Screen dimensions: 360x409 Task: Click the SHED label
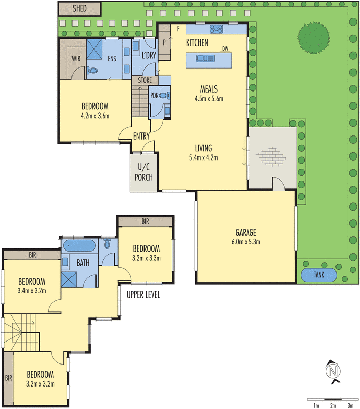(80, 8)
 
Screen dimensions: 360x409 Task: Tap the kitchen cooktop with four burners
(216, 29)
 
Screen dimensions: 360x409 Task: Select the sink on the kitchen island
(205, 58)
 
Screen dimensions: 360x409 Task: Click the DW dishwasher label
(225, 49)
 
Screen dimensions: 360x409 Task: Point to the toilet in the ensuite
(92, 70)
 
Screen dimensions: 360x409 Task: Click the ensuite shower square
(94, 49)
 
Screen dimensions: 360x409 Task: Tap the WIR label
(76, 59)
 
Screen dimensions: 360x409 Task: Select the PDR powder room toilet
(164, 96)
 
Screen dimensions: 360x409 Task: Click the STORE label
(145, 80)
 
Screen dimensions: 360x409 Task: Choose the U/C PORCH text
(143, 172)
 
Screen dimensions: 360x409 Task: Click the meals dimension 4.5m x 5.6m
(209, 99)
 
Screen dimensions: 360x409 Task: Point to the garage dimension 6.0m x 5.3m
(246, 242)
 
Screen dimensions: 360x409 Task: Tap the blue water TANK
(319, 275)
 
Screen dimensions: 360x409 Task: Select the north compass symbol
(333, 372)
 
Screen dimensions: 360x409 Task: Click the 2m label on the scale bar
(333, 405)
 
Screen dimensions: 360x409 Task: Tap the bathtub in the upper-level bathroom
(80, 246)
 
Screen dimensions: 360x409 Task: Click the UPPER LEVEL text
(143, 295)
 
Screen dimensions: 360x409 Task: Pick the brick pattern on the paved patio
(271, 156)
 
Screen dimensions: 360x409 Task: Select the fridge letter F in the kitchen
(178, 29)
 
